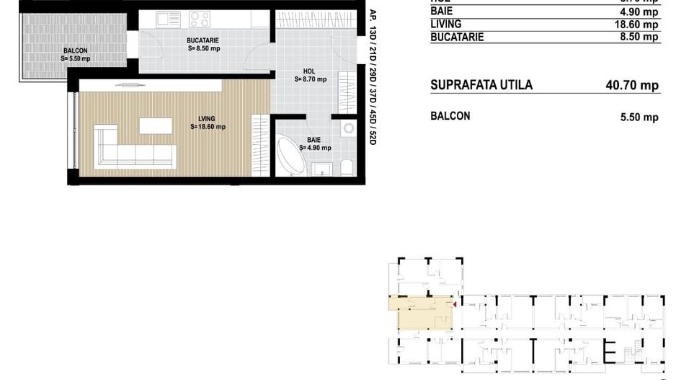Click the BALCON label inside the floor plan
(x=75, y=50)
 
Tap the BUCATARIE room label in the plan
(x=203, y=40)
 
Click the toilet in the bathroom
(x=347, y=168)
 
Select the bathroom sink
(x=321, y=169)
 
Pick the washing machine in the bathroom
(x=348, y=128)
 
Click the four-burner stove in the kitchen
(x=199, y=18)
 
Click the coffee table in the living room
(x=156, y=125)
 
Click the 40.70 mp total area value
(x=632, y=85)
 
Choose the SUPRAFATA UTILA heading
(x=481, y=85)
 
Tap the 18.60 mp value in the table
(x=639, y=24)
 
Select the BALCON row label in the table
(x=450, y=115)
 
